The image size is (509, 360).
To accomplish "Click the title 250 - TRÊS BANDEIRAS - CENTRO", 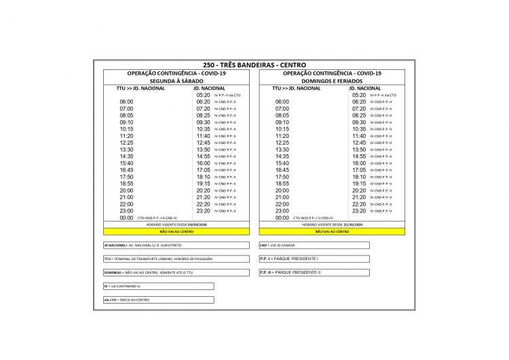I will click(x=254, y=65).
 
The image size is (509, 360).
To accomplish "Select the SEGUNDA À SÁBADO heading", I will click(x=175, y=80).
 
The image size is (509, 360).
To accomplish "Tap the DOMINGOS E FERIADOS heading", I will click(x=331, y=80).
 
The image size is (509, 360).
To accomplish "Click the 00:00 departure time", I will click(x=126, y=218).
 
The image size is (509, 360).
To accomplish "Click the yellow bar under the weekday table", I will click(x=176, y=232).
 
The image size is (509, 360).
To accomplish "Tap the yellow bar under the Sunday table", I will click(x=332, y=232).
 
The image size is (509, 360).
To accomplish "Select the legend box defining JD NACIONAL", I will click(x=158, y=245).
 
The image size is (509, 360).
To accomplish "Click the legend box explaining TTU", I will click(x=158, y=259).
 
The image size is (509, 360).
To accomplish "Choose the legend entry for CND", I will click(x=314, y=245).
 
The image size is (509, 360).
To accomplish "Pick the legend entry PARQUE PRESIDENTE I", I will click(x=314, y=259).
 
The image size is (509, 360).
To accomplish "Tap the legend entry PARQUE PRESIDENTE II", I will click(x=314, y=272).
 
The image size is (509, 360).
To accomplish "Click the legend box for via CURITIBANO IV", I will click(x=158, y=286).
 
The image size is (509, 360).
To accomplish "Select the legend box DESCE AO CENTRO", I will click(x=158, y=300).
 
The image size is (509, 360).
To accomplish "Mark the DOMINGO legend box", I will click(x=158, y=272).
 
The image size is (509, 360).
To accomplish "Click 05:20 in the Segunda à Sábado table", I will click(x=203, y=95).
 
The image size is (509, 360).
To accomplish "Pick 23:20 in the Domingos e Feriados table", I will click(x=359, y=211).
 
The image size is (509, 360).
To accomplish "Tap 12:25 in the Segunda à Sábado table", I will click(x=126, y=143).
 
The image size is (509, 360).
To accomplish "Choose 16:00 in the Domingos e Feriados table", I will click(x=359, y=163).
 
